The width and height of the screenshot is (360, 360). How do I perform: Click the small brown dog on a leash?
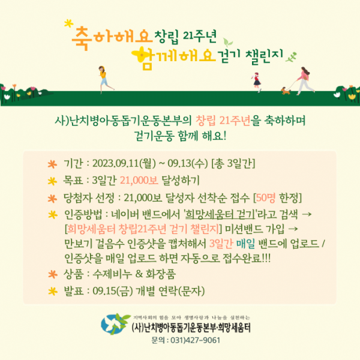[x=286, y=91]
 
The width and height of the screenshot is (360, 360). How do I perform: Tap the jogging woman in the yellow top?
[x=105, y=79]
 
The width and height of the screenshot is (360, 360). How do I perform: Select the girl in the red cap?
[x=257, y=82]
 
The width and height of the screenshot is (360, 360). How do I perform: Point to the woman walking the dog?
[x=304, y=80]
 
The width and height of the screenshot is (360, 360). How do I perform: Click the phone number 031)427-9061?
[x=195, y=340]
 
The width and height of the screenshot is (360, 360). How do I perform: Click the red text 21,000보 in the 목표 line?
[x=139, y=181]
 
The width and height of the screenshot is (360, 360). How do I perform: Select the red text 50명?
[x=265, y=197]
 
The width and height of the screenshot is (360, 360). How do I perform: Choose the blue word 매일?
[x=245, y=244]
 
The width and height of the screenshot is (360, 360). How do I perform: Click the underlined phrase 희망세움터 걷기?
[x=220, y=214]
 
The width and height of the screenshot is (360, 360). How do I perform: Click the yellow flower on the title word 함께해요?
[x=140, y=55]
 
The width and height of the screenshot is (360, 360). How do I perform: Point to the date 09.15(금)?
[x=113, y=291]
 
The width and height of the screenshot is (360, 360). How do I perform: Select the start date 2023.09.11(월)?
[x=124, y=163]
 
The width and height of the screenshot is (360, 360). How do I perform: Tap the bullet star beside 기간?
[x=52, y=164]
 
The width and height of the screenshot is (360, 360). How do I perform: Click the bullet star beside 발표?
[x=53, y=292]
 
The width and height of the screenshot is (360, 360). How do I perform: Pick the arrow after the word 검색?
[x=307, y=214]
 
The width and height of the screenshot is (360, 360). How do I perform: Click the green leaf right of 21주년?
[x=228, y=43]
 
